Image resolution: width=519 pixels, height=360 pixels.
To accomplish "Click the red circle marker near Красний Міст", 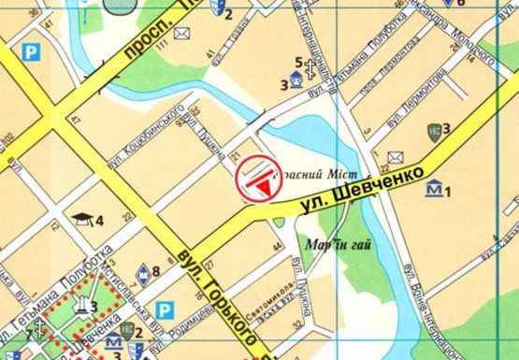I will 258,180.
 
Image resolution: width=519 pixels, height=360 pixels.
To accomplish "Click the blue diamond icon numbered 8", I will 143,273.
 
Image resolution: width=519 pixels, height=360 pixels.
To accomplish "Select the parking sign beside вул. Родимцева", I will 166,308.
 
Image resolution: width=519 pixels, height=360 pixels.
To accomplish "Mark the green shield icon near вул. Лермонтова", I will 433,129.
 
